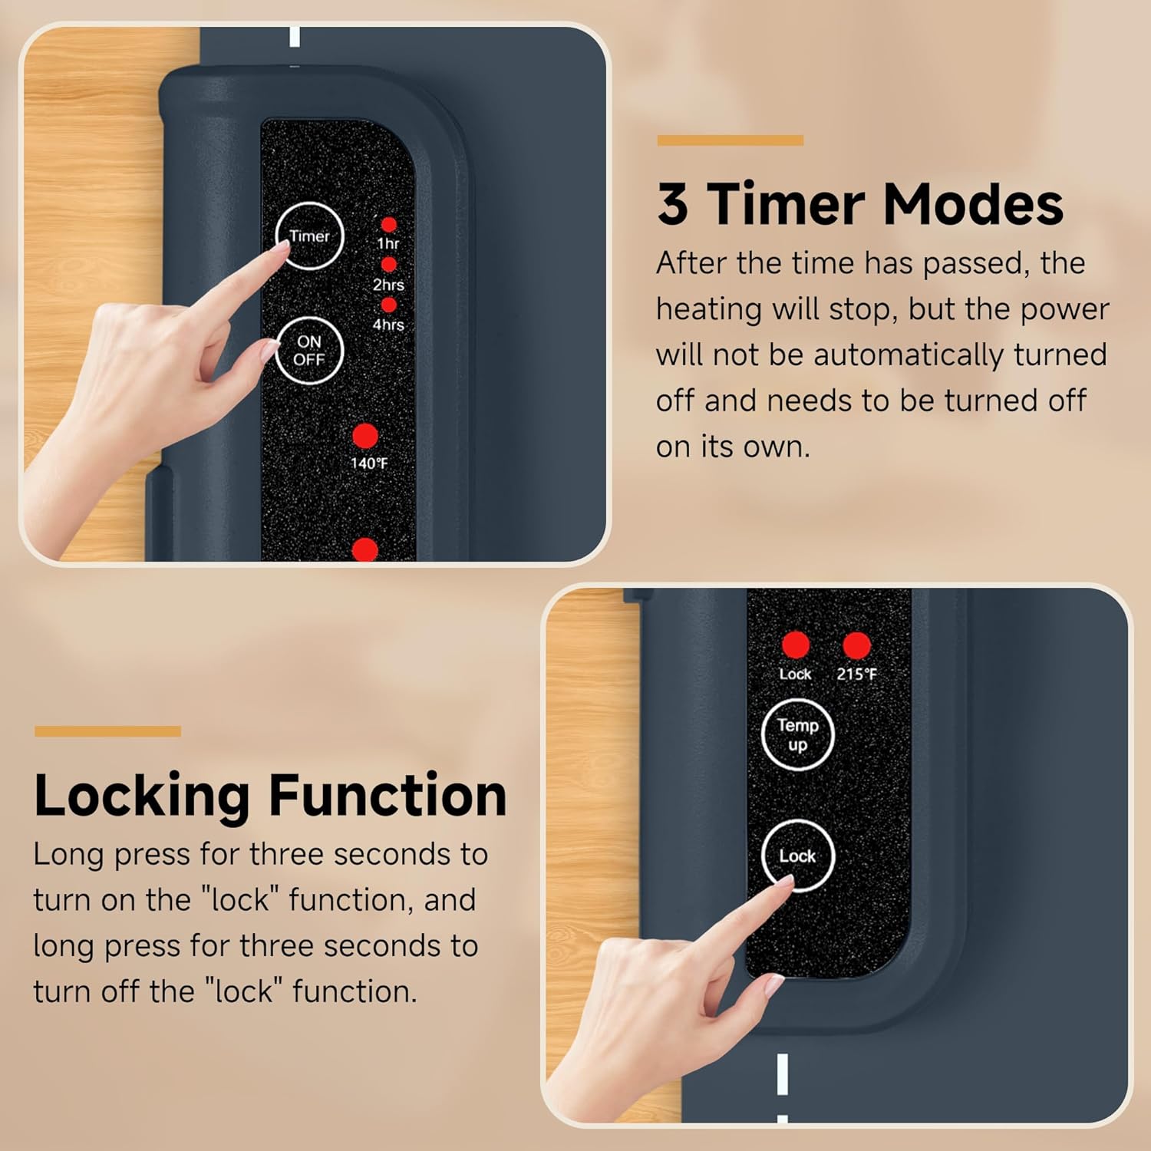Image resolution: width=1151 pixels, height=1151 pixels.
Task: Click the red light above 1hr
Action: click(389, 224)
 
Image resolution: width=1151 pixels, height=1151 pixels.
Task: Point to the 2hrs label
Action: click(388, 285)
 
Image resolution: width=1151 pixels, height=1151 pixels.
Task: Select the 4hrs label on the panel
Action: click(388, 325)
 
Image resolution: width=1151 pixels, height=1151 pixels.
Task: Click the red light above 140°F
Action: click(365, 436)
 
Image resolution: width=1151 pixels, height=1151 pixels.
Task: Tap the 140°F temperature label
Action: click(369, 463)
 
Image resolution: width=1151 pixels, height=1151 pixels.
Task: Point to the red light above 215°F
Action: click(856, 645)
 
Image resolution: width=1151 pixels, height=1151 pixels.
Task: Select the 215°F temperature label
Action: click(856, 674)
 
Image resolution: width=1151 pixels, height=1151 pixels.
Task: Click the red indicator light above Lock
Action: click(795, 645)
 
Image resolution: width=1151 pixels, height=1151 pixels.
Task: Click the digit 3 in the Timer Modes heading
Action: click(672, 204)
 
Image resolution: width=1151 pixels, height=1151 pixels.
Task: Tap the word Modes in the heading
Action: click(973, 204)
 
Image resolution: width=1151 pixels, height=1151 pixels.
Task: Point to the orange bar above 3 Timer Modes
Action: click(730, 140)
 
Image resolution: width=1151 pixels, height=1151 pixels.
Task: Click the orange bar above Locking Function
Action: click(107, 731)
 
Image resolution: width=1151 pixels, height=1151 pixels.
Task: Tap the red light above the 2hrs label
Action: click(389, 265)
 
